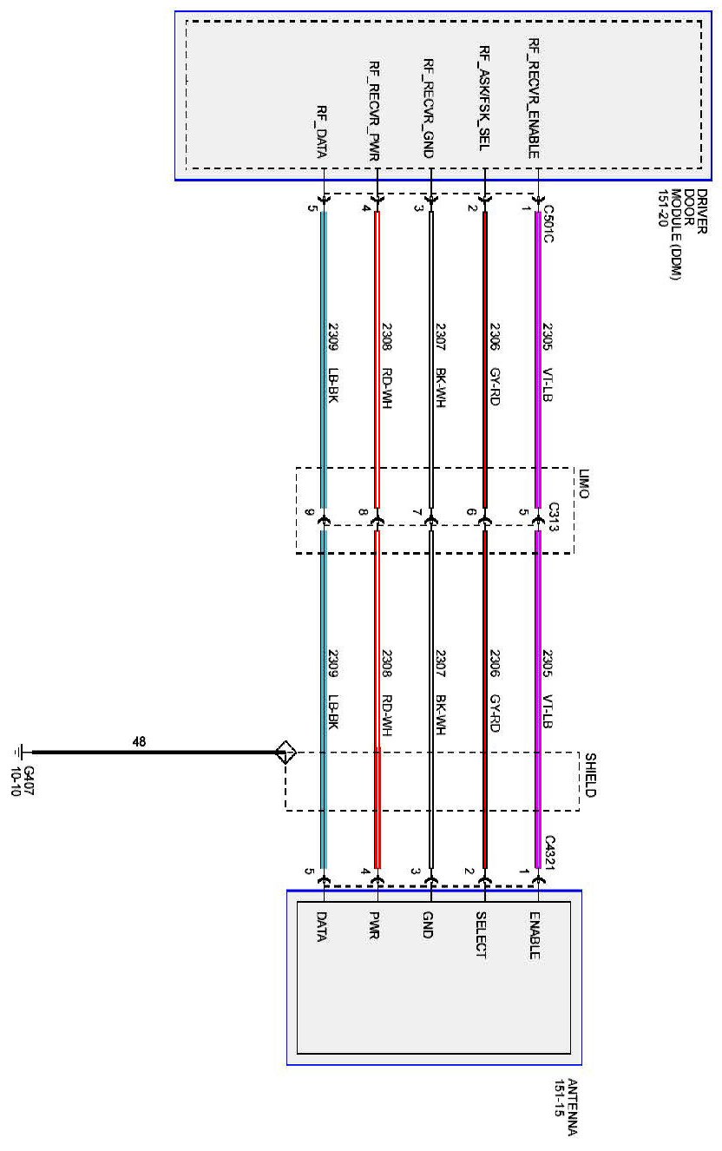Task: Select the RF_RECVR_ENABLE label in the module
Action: pos(536,97)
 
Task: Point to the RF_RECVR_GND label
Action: pos(429,109)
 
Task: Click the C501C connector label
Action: pos(548,221)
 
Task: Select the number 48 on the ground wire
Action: pos(138,743)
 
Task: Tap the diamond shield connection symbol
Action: pos(284,753)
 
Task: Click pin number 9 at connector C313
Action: pos(309,514)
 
